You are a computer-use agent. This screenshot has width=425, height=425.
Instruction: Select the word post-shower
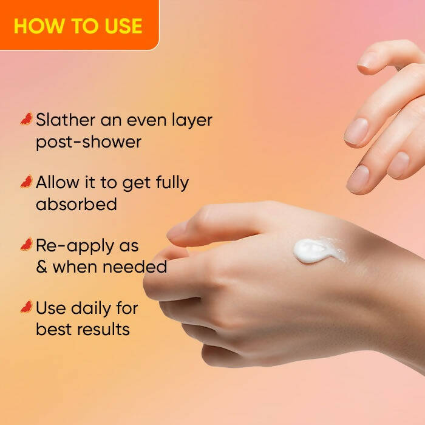(x=88, y=142)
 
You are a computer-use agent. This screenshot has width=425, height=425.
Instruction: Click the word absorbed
(x=76, y=204)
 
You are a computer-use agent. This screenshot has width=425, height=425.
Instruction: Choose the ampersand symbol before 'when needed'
(x=42, y=267)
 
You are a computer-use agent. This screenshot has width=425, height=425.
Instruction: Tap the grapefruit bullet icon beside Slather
(x=26, y=119)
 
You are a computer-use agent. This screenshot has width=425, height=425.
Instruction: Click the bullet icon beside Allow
(x=26, y=182)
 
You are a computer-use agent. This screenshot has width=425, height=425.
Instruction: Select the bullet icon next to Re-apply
(x=26, y=245)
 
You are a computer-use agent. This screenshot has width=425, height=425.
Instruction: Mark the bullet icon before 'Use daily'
(x=26, y=307)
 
